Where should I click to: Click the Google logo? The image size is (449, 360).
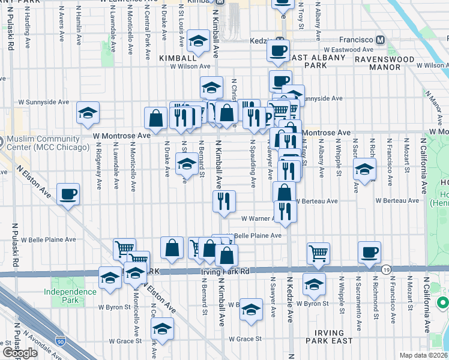tap(20, 353)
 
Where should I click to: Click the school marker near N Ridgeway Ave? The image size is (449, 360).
tap(88, 113)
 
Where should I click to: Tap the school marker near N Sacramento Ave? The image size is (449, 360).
tap(364, 169)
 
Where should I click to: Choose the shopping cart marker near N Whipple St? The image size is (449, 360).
tap(318, 253)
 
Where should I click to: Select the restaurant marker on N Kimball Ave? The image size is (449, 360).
tap(224, 202)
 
